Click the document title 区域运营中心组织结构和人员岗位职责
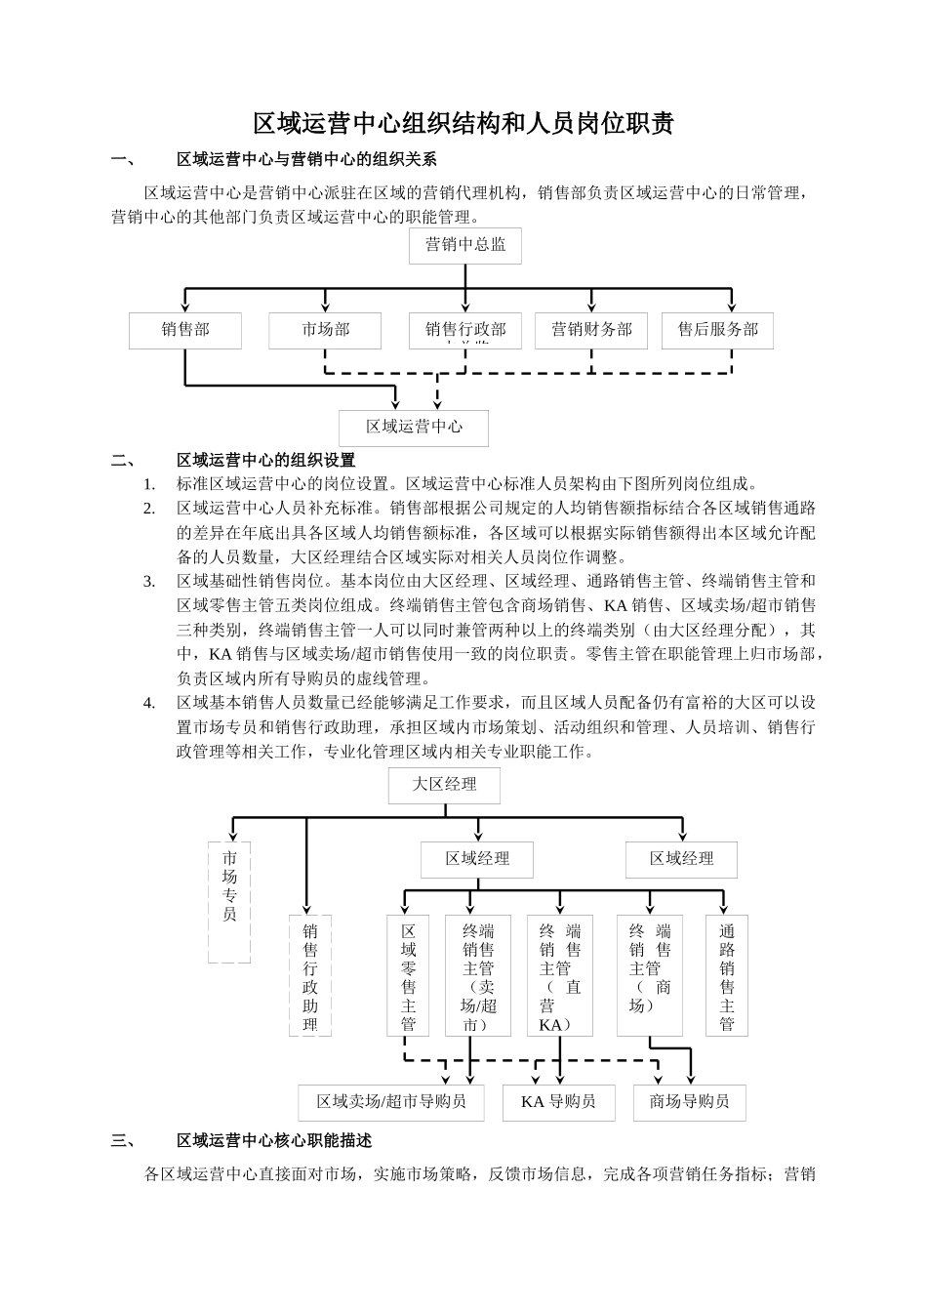pyautogui.click(x=463, y=124)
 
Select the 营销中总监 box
pyautogui.click(x=465, y=245)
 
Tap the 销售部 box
pyautogui.click(x=185, y=330)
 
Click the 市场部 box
pyautogui.click(x=325, y=330)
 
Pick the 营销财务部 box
pyautogui.click(x=591, y=330)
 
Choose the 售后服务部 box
pyautogui.click(x=717, y=330)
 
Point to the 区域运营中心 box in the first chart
pyautogui.click(x=414, y=427)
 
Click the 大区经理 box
pyautogui.click(x=445, y=785)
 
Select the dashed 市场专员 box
pyautogui.click(x=229, y=901)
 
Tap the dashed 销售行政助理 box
pyautogui.click(x=310, y=974)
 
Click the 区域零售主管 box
pyautogui.click(x=409, y=974)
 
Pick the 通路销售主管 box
pyautogui.click(x=727, y=974)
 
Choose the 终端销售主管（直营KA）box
pyautogui.click(x=560, y=974)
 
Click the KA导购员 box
pyautogui.click(x=558, y=1102)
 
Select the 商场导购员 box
pyautogui.click(x=689, y=1102)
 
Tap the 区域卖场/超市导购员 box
pyautogui.click(x=391, y=1102)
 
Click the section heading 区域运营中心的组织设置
pyautogui.click(x=265, y=460)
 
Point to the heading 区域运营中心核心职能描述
pyautogui.click(x=273, y=1140)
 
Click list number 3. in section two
pyautogui.click(x=149, y=582)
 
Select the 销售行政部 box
pyautogui.click(x=465, y=330)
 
